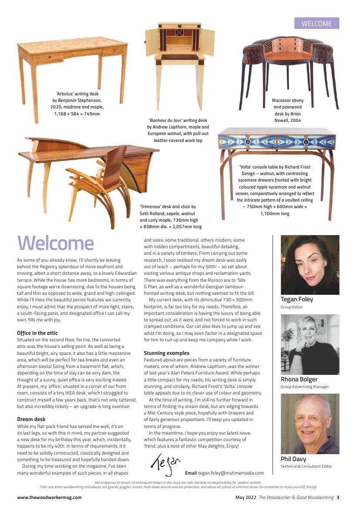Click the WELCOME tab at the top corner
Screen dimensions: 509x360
coord(316,24)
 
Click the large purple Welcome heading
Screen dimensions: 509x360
coord(55,243)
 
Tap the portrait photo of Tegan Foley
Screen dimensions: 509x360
coord(310,265)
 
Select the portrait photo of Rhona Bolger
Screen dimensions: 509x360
coord(310,344)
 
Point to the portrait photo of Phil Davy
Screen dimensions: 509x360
coord(310,424)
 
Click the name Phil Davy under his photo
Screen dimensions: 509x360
coord(293,459)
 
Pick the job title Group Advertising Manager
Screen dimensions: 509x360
coord(305,387)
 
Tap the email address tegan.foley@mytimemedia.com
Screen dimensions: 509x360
coord(231,473)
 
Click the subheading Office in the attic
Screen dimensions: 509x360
coord(37,333)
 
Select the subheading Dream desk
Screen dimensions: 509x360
coord(31,419)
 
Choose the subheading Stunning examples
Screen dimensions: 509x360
coord(167,353)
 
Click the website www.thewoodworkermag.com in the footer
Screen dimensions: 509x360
coord(49,497)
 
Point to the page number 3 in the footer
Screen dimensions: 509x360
coord(338,497)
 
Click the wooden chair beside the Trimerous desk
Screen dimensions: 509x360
coord(99,183)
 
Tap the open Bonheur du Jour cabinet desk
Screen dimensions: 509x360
coord(180,61)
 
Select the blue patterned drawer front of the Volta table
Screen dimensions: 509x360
coord(277,142)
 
